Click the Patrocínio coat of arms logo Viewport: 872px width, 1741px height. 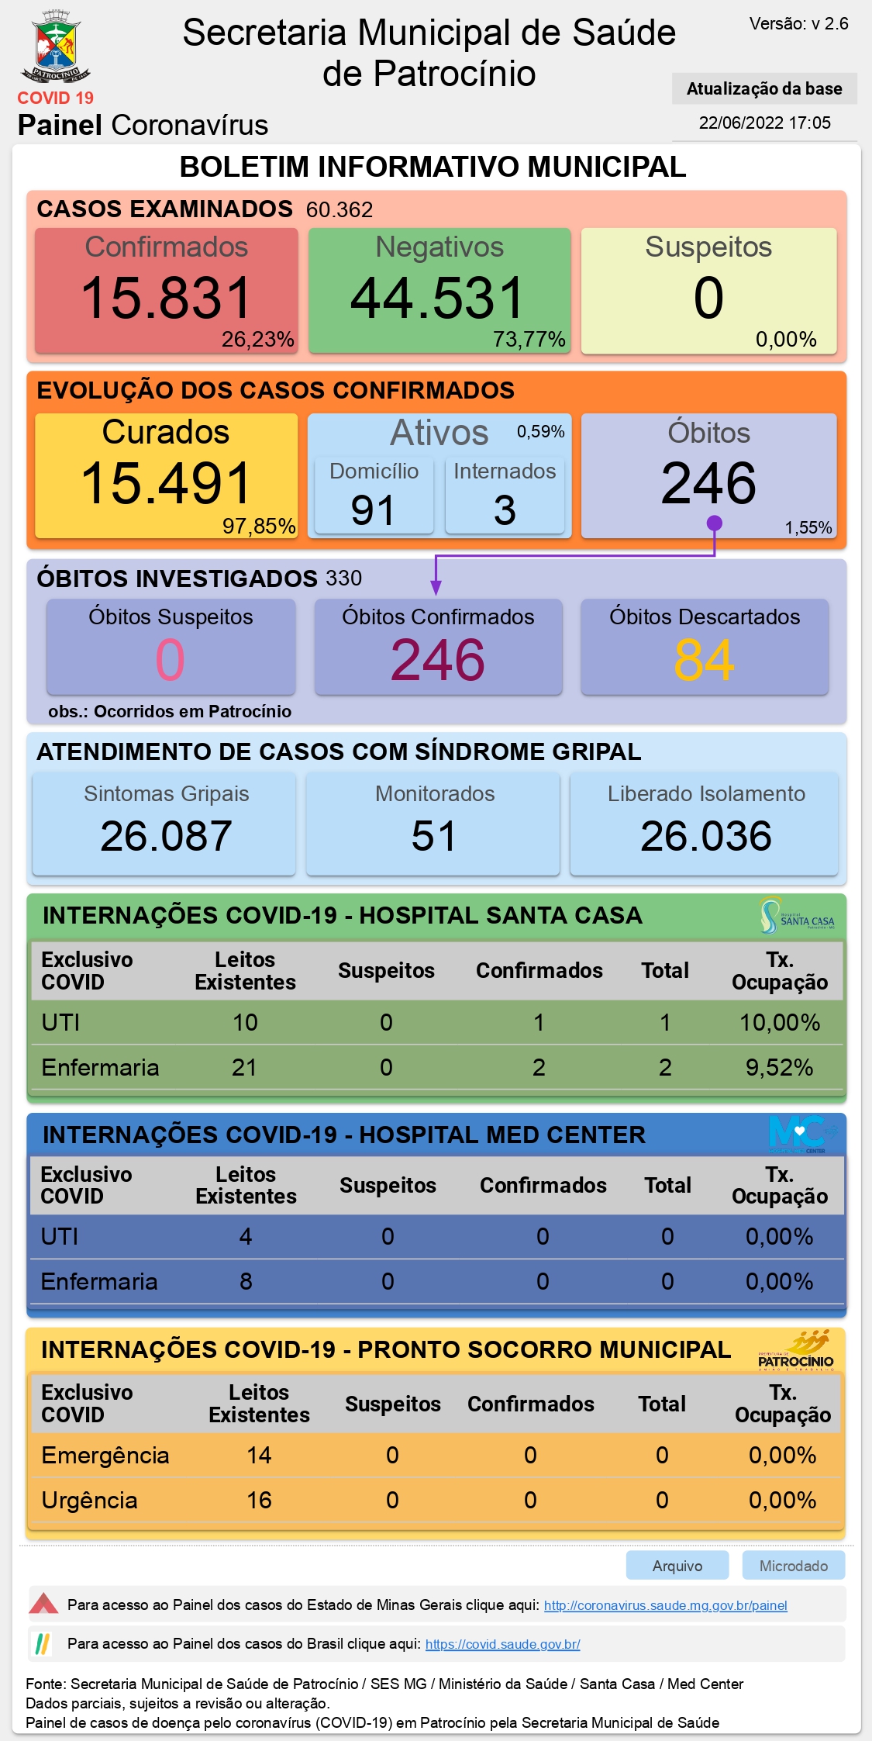point(56,47)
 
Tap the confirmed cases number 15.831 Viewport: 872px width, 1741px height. point(166,298)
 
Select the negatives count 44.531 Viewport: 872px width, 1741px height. point(438,298)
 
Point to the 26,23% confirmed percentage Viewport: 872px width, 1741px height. point(257,340)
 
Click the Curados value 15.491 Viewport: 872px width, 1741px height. point(166,483)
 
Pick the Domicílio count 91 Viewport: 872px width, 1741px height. point(373,510)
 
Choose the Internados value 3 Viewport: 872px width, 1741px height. point(505,510)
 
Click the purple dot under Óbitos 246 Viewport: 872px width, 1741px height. point(715,523)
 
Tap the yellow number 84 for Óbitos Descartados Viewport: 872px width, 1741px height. point(704,660)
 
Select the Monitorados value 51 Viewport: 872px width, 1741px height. point(434,836)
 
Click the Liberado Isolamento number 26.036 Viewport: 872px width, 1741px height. point(706,836)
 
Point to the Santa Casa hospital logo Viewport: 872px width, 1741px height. point(797,916)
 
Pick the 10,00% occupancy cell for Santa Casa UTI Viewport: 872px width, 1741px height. point(780,1022)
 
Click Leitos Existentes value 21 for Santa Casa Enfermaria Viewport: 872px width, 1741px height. point(244,1067)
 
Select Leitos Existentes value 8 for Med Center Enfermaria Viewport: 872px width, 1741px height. point(246,1281)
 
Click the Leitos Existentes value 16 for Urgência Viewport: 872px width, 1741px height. point(259,1500)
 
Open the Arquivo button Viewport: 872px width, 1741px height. point(677,1565)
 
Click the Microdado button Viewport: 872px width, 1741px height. point(794,1565)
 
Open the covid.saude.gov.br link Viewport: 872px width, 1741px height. point(503,1644)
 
